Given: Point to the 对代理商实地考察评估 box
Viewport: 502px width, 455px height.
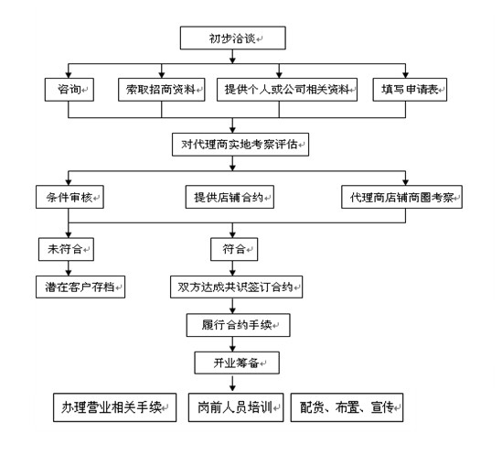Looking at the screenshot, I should tap(240, 144).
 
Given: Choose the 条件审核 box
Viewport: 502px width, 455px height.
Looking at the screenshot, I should tap(67, 197).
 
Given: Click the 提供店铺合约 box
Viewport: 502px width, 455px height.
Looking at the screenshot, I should tap(235, 197).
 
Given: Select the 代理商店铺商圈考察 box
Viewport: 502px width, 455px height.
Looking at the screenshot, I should tap(401, 197).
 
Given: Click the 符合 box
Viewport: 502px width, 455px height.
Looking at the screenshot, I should tap(235, 249).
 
